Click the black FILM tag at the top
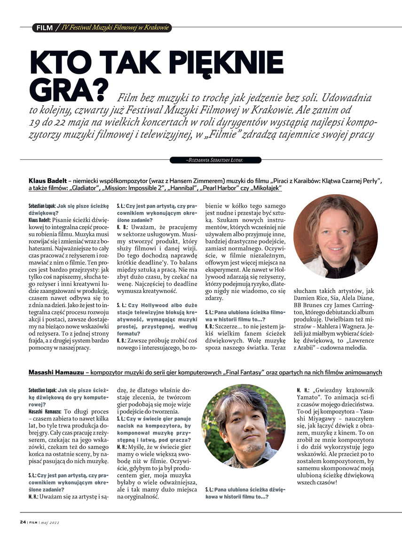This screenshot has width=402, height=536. click(x=45, y=28)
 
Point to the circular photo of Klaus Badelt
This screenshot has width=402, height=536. click(x=335, y=236)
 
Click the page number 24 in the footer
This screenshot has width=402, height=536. click(x=23, y=522)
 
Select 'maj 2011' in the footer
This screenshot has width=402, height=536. click(x=49, y=522)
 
